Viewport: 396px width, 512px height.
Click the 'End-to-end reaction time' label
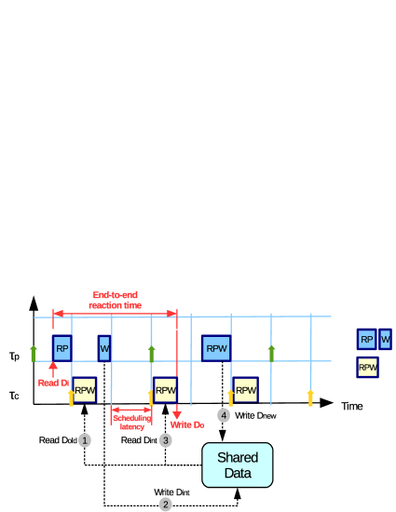[116, 300]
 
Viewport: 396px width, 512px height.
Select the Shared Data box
[238, 465]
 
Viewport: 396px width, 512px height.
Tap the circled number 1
[85, 440]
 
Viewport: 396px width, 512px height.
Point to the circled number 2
[165, 505]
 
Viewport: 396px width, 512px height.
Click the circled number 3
[165, 440]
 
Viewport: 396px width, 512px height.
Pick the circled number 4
[224, 415]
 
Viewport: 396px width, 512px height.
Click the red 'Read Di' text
[52, 383]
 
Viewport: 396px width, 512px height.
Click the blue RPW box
[216, 348]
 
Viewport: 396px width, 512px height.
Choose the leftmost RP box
[62, 349]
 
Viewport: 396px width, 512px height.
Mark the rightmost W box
[385, 340]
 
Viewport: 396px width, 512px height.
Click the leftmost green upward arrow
[34, 353]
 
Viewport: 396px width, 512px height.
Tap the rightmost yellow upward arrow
[310, 397]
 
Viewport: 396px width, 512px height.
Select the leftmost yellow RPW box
[85, 390]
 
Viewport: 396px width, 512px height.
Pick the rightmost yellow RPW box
[368, 368]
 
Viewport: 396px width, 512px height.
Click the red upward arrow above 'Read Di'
[52, 369]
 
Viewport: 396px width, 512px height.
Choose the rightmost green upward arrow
[271, 353]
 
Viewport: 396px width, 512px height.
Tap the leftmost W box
[104, 349]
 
